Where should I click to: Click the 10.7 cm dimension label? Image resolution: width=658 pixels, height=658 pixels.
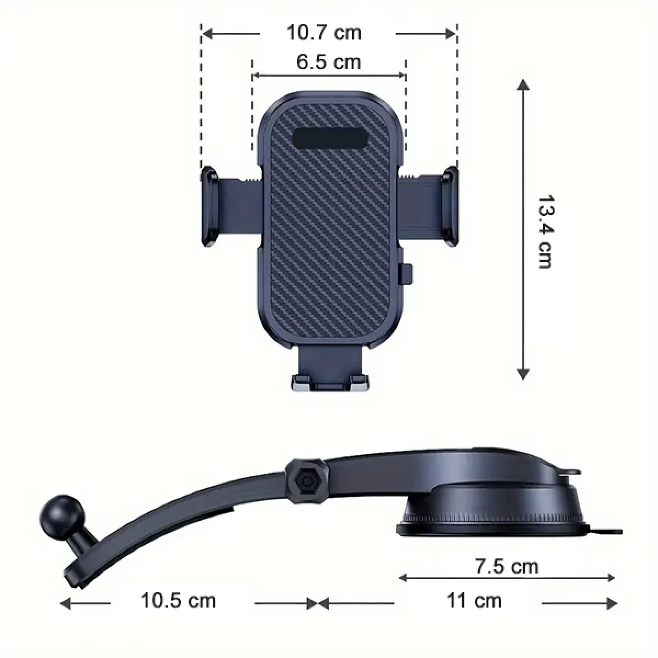point(324,33)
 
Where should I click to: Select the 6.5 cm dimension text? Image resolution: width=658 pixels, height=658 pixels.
point(328,62)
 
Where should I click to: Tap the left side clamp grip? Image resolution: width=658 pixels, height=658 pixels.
point(209,206)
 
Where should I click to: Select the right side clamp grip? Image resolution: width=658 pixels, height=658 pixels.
point(450,206)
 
